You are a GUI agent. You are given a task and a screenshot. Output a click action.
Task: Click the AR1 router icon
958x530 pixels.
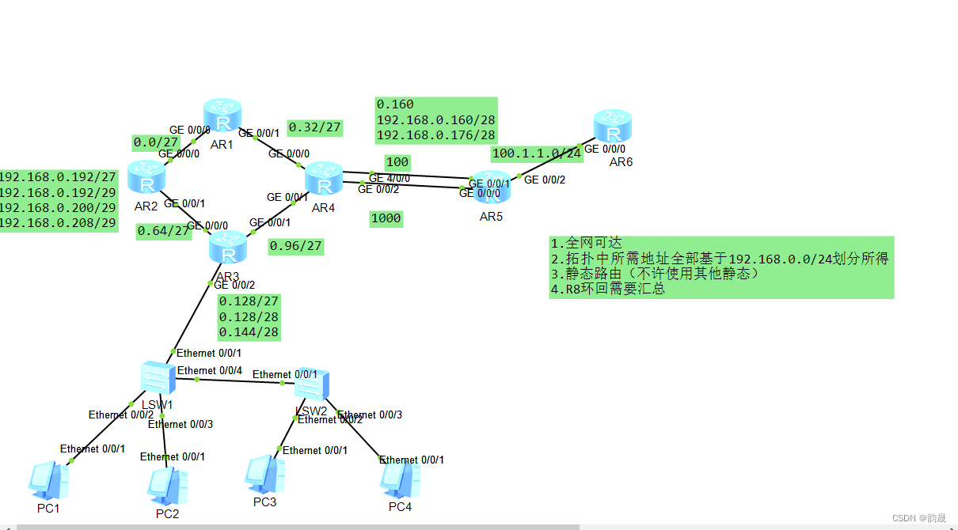pyautogui.click(x=222, y=117)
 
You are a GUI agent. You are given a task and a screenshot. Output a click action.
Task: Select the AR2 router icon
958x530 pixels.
pyautogui.click(x=146, y=177)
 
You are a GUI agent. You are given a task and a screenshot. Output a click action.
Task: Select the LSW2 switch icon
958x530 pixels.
pyautogui.click(x=311, y=385)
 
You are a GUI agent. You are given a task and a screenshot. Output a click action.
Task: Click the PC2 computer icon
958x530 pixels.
pyautogui.click(x=167, y=486)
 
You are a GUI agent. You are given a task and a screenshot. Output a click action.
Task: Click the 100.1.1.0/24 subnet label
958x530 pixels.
pyautogui.click(x=537, y=153)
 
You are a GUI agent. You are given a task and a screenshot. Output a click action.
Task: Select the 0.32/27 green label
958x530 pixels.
pyautogui.click(x=314, y=127)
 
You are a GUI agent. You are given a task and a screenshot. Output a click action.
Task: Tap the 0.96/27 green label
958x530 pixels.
pyautogui.click(x=295, y=247)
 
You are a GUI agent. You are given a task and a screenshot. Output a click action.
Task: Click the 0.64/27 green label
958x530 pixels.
pyautogui.click(x=164, y=231)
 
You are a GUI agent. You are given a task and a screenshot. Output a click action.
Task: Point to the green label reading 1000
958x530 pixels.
pyautogui.click(x=386, y=218)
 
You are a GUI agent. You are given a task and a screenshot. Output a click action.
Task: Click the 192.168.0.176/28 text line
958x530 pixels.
pyautogui.click(x=435, y=134)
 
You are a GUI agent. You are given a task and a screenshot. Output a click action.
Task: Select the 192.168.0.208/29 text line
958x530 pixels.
pyautogui.click(x=58, y=223)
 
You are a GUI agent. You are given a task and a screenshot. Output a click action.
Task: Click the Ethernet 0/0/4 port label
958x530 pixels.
pyautogui.click(x=210, y=370)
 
